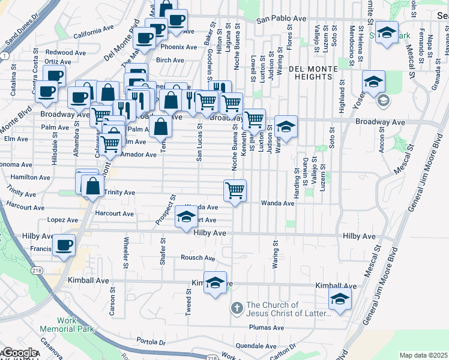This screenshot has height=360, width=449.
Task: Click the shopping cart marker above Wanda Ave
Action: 235,190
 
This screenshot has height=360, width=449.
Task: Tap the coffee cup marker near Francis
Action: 64,245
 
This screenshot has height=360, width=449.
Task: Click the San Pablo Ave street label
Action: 278,20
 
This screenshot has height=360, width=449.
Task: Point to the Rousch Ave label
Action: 198,258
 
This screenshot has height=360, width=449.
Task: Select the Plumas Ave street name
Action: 267,328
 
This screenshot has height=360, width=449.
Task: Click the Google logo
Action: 19,353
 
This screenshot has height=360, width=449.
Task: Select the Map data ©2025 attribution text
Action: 423,355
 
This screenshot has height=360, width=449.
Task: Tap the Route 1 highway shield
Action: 4,55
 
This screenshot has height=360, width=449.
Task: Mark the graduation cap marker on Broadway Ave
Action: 286,127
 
